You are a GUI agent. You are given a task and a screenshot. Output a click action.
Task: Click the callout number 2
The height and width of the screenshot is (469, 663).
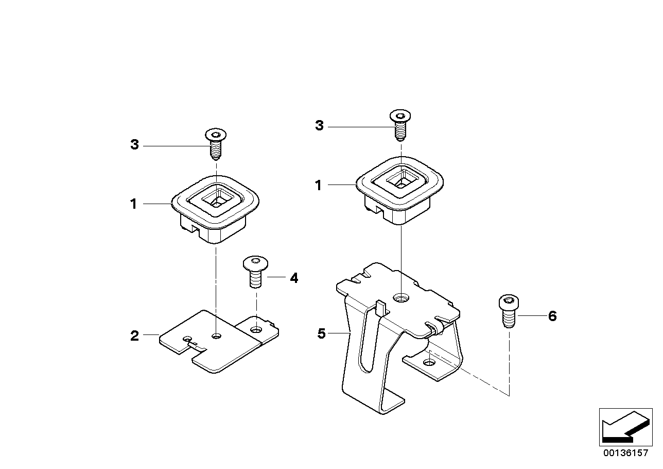point(134,336)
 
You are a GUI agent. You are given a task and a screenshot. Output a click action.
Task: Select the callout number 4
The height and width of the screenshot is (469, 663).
point(293,278)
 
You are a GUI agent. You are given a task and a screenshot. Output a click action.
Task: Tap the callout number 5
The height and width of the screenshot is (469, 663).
point(322,334)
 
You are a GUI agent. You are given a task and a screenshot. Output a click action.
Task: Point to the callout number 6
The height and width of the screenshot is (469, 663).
point(552,316)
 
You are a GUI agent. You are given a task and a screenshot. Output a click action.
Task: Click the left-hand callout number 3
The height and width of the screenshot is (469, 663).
point(134,145)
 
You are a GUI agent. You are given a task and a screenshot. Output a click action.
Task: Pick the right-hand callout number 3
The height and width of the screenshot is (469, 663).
point(319,126)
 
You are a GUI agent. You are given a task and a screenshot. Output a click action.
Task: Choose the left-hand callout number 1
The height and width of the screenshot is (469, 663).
point(133,204)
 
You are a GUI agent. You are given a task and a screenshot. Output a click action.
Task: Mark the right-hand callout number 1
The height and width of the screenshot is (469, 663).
point(319,185)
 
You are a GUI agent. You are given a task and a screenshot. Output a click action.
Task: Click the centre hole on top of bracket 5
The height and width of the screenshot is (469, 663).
point(401,297)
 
